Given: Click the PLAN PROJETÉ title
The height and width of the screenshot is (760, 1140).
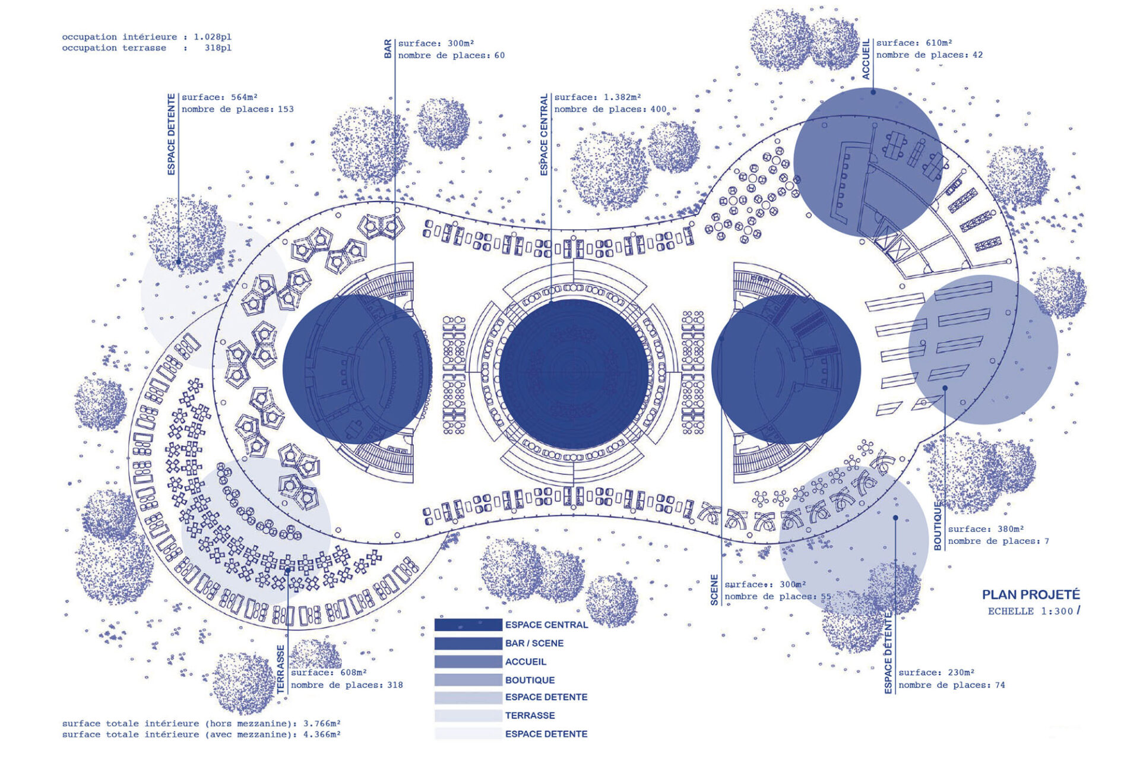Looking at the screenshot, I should pyautogui.click(x=1031, y=594).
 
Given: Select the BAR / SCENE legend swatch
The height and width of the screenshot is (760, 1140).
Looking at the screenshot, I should pyautogui.click(x=468, y=643).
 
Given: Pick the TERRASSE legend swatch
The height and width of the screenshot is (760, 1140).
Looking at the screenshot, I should pyautogui.click(x=468, y=715).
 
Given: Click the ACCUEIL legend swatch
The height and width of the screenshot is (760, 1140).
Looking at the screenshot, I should pyautogui.click(x=468, y=661).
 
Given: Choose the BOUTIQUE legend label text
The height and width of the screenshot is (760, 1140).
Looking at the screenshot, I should pyautogui.click(x=530, y=680).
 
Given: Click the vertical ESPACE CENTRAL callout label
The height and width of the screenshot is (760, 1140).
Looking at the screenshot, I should pyautogui.click(x=544, y=135).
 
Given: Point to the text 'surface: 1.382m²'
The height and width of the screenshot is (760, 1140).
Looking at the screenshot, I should pyautogui.click(x=597, y=97).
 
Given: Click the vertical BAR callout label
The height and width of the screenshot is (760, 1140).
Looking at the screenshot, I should pyautogui.click(x=388, y=49).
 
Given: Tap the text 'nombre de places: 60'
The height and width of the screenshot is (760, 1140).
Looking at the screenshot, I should pyautogui.click(x=451, y=55).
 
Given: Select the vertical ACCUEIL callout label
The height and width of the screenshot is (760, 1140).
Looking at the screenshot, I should pyautogui.click(x=866, y=59).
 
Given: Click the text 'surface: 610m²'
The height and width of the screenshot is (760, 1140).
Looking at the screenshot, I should pyautogui.click(x=914, y=43).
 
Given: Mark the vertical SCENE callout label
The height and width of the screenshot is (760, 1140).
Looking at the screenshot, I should pyautogui.click(x=714, y=590).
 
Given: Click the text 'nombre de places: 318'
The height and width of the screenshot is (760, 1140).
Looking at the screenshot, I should pyautogui.click(x=347, y=685).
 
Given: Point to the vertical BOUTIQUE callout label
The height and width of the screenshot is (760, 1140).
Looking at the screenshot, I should pyautogui.click(x=938, y=526).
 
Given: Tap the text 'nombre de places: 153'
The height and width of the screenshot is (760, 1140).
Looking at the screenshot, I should pyautogui.click(x=237, y=109).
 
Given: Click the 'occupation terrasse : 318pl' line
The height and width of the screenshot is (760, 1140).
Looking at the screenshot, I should pyautogui.click(x=147, y=48).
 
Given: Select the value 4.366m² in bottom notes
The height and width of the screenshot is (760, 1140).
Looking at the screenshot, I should pyautogui.click(x=322, y=734).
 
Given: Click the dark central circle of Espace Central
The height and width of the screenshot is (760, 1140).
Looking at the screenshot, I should pyautogui.click(x=574, y=374).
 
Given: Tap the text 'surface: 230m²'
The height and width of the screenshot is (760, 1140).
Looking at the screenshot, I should pyautogui.click(x=936, y=672).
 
